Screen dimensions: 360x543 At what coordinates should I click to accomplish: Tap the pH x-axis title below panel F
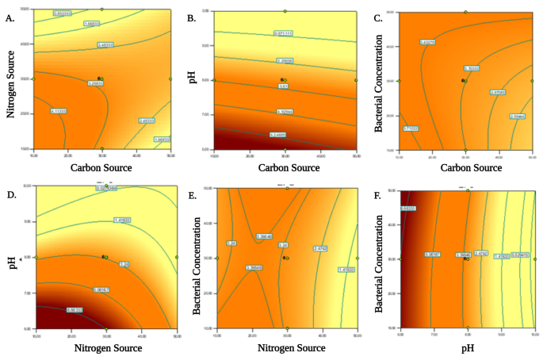467,347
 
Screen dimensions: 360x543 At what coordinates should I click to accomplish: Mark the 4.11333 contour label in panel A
59,111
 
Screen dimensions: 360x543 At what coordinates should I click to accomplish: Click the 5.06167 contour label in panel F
409,208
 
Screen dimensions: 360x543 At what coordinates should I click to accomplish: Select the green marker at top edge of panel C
466,11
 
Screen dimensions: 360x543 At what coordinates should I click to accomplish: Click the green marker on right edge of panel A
170,79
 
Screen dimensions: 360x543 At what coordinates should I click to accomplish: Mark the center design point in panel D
103,257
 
